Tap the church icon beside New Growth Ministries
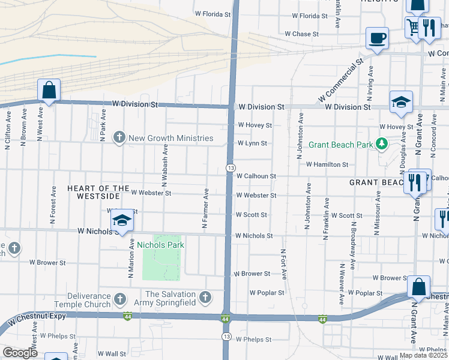point(119,138)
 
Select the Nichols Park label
point(161,245)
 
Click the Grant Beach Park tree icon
point(381,143)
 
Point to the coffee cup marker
point(376,38)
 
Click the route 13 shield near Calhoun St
point(230,167)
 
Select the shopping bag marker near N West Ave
point(49,91)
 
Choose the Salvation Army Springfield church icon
point(205,297)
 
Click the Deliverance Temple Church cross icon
point(119,298)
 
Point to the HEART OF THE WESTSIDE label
point(98,192)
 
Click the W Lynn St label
point(252,143)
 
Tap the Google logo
point(20,353)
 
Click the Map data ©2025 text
point(424,355)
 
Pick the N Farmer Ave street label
point(205,208)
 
